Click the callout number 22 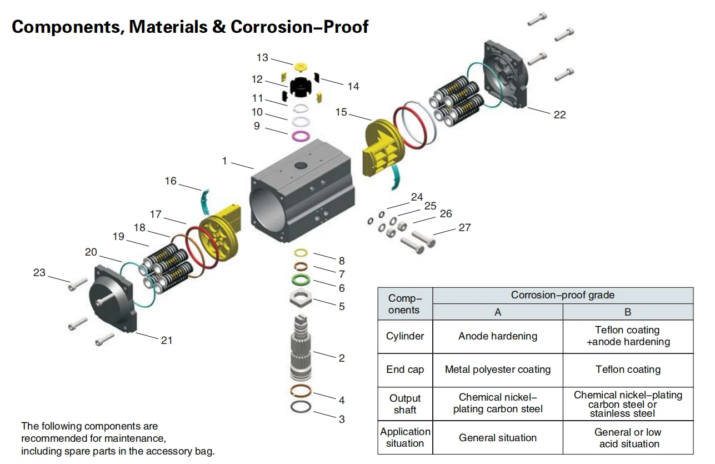[x=559, y=114]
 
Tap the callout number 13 [x=262, y=58]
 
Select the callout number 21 [x=167, y=340]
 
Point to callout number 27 [x=464, y=227]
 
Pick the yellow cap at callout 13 [x=301, y=67]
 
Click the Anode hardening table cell [x=497, y=336]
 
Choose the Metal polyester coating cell [x=497, y=370]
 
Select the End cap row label [x=404, y=370]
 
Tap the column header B [x=628, y=312]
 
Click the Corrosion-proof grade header [x=562, y=295]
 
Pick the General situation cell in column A [x=497, y=438]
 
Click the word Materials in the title [x=168, y=27]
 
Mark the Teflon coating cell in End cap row [x=628, y=370]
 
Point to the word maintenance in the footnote [x=134, y=438]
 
